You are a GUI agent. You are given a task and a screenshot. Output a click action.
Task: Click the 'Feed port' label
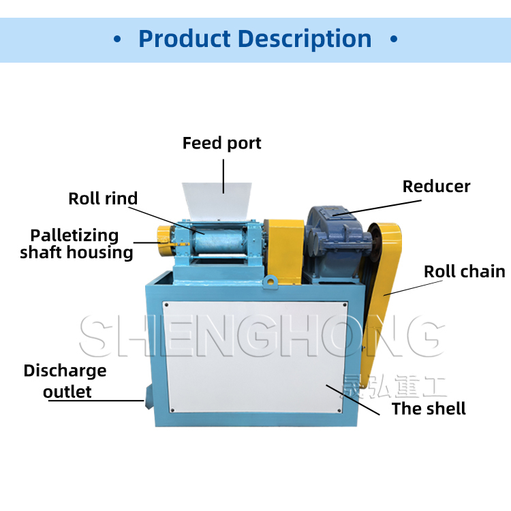coord(221,144)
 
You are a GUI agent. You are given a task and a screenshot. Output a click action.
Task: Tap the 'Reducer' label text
coord(436,187)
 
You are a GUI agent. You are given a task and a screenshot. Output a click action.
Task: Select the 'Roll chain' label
coord(464,272)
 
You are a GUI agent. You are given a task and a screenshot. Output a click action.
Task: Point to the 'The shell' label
coord(429,409)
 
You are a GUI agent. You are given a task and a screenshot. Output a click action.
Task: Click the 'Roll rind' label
coord(103,199)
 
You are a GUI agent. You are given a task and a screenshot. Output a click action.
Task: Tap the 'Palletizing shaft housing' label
coord(76,244)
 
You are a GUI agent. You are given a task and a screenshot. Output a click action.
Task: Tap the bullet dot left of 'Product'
coord(117,40)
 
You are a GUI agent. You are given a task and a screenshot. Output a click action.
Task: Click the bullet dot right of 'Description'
coord(393,40)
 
